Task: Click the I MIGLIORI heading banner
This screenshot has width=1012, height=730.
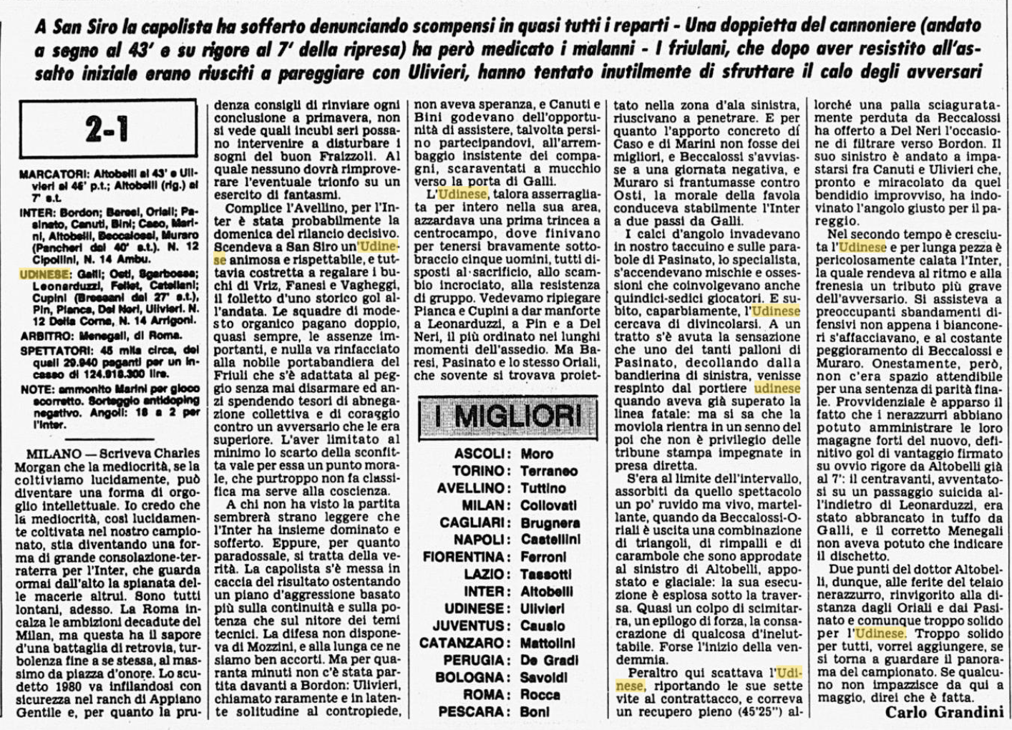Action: click(x=507, y=415)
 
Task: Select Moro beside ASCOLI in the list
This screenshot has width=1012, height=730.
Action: click(x=537, y=454)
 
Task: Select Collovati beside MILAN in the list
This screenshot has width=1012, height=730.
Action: click(x=549, y=505)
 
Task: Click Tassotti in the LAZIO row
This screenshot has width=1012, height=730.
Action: click(x=546, y=574)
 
